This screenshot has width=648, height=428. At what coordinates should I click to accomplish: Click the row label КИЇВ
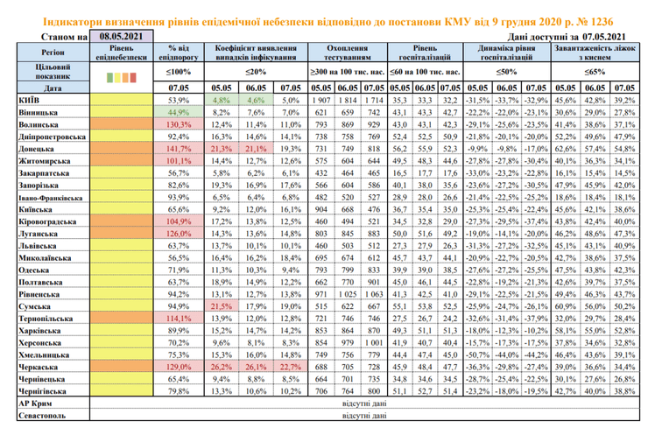(x=26, y=102)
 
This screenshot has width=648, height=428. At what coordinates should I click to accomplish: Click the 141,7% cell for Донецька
(x=178, y=150)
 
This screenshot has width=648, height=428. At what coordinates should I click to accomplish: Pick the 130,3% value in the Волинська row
(x=178, y=125)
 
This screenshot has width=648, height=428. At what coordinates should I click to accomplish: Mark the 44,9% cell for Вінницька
(x=178, y=113)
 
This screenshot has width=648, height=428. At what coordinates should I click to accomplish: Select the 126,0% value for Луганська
(x=178, y=234)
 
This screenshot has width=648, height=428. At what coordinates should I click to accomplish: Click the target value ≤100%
(x=178, y=70)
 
